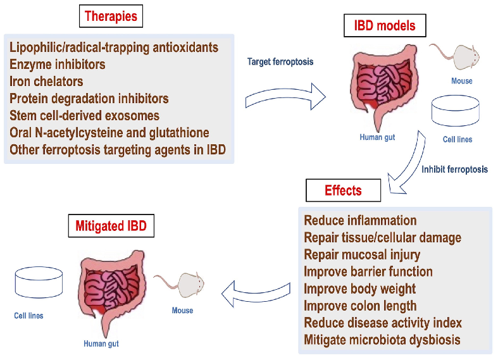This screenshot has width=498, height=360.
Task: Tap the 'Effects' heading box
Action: [343, 190]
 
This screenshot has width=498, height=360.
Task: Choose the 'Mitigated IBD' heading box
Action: [111, 225]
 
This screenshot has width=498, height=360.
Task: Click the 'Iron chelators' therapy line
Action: [46, 82]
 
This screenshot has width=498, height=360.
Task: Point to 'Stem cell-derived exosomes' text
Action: [84, 116]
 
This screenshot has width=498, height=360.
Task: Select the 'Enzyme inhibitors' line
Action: [58, 65]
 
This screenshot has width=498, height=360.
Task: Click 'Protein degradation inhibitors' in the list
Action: [89, 99]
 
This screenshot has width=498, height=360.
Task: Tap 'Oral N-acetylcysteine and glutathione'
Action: [109, 133]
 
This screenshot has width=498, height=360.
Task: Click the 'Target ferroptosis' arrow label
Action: [279, 62]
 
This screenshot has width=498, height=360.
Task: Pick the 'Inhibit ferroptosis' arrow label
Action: [454, 169]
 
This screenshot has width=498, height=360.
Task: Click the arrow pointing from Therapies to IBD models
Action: [285, 96]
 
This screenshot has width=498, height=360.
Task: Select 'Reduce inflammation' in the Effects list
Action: [360, 221]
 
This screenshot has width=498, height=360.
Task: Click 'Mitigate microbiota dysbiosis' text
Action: [382, 340]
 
